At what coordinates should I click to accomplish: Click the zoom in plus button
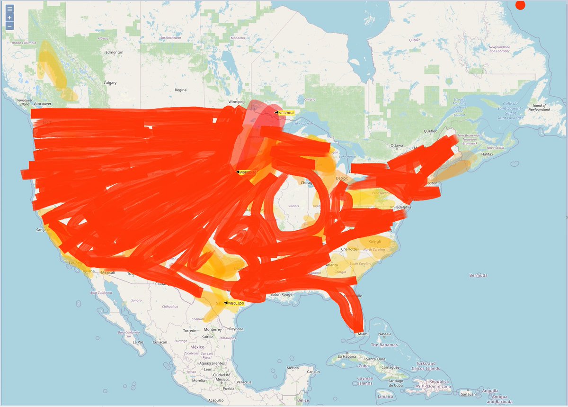(9, 18)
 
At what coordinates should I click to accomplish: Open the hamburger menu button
(9, 9)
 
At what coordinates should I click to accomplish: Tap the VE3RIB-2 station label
(286, 113)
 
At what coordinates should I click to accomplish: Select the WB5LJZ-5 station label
(235, 303)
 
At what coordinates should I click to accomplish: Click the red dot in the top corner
(520, 5)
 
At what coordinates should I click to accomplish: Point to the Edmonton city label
(114, 52)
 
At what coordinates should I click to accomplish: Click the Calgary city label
(110, 83)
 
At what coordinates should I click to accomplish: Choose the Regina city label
(180, 90)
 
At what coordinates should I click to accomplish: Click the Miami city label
(363, 334)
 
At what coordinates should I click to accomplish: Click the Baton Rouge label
(282, 295)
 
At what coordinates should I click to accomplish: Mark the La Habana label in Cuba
(348, 356)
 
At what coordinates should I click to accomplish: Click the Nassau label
(386, 334)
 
